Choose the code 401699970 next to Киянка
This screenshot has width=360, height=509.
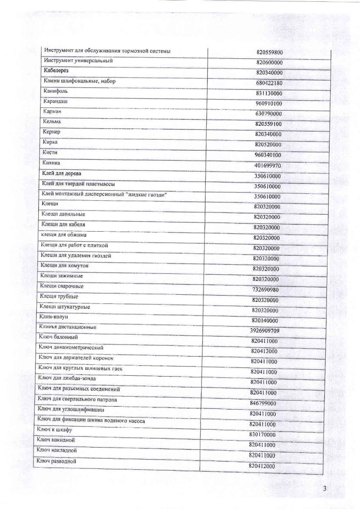tap(268, 165)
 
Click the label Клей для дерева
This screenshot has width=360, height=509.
tap(62, 173)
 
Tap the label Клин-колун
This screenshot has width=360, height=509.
tap(54, 317)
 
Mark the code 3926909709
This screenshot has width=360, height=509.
tap(264, 330)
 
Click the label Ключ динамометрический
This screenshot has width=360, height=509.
tap(71, 347)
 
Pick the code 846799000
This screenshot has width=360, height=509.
tap(263, 403)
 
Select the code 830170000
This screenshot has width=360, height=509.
tap(262, 435)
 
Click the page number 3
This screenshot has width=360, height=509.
tap(324, 489)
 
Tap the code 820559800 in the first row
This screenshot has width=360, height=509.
tap(270, 52)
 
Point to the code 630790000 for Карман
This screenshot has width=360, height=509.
tap(269, 114)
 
